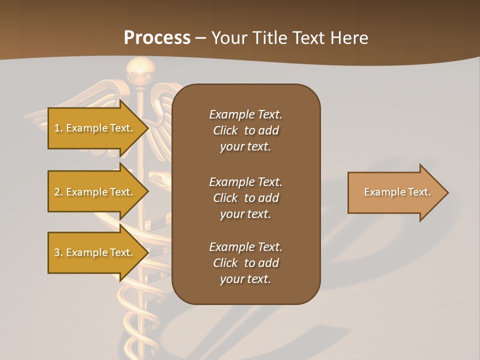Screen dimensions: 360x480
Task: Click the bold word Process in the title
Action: tap(157, 38)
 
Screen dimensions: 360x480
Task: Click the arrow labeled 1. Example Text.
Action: tap(95, 128)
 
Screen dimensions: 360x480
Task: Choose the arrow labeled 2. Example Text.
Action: tap(95, 192)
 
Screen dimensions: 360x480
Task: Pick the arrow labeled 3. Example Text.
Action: tap(95, 252)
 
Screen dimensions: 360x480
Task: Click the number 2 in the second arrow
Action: tap(57, 192)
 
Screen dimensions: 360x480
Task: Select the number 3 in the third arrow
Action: tap(57, 252)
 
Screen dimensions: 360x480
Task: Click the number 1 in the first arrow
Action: tap(56, 128)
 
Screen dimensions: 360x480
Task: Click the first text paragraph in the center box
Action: tap(245, 130)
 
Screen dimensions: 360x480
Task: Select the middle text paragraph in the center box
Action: tap(245, 197)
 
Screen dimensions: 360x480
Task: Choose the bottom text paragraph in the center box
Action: tap(245, 263)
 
